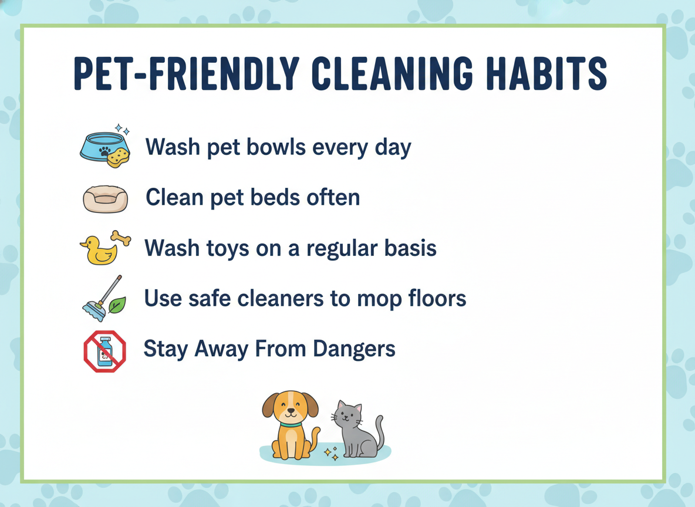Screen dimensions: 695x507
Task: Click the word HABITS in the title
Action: [546, 73]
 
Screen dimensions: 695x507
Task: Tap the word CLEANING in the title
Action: [392, 73]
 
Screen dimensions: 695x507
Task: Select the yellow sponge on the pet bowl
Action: [119, 157]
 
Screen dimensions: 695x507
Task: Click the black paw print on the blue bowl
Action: [105, 151]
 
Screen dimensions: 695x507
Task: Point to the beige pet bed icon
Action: [106, 199]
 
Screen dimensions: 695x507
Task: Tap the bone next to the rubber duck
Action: [121, 238]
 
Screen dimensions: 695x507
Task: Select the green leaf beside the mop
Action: [117, 305]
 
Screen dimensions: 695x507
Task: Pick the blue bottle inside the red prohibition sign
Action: [105, 351]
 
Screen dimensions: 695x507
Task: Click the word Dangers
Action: [354, 349]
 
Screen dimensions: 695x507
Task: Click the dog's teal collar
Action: [291, 425]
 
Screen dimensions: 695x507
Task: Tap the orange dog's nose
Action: [291, 411]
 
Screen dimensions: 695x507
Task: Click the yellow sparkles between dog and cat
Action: [331, 454]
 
